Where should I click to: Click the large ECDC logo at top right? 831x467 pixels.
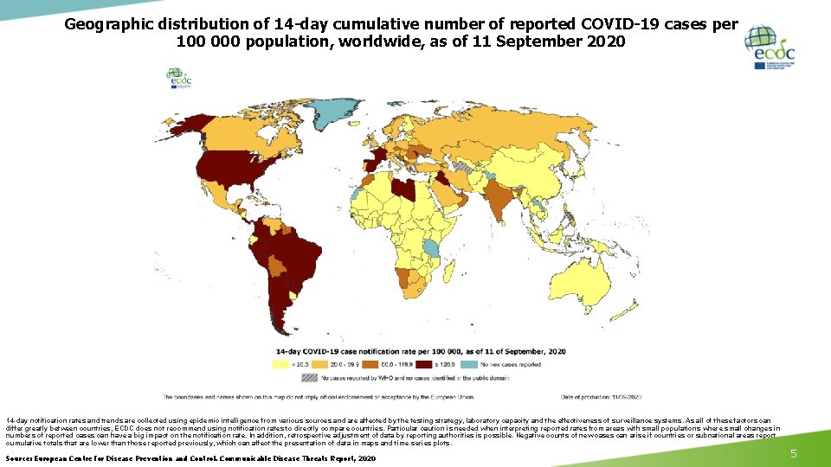click(772, 48)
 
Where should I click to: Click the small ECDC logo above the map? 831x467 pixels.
click(180, 78)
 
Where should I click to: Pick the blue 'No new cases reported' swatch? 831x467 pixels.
click(468, 365)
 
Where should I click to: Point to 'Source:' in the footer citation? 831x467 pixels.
click(22, 457)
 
